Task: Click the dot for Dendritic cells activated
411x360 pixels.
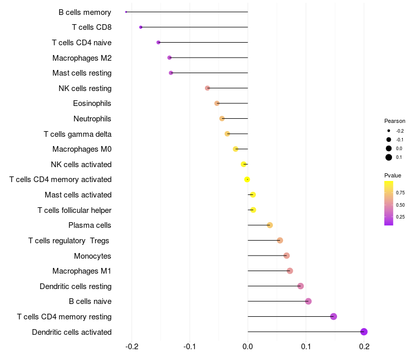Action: pos(364,332)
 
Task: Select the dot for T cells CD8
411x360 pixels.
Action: pos(141,27)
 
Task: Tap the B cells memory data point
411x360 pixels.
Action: pos(126,12)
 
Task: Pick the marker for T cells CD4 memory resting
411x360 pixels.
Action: pos(333,316)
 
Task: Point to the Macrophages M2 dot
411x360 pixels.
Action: pos(170,58)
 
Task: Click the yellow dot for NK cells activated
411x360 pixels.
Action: pos(244,164)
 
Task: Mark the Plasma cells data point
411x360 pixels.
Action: pos(270,225)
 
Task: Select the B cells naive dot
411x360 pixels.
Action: pos(308,301)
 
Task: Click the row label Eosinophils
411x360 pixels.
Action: pos(92,103)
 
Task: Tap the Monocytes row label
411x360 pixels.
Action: pos(92,256)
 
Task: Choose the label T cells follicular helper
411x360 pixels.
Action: pos(74,210)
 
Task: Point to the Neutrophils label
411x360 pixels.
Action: pos(92,119)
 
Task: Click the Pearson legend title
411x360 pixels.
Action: pos(395,121)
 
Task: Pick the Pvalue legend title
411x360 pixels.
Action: pos(393,175)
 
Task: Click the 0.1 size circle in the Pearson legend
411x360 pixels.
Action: pos(389,157)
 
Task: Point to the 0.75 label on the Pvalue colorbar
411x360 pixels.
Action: pos(400,193)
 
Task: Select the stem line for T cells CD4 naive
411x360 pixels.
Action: pos(203,42)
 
